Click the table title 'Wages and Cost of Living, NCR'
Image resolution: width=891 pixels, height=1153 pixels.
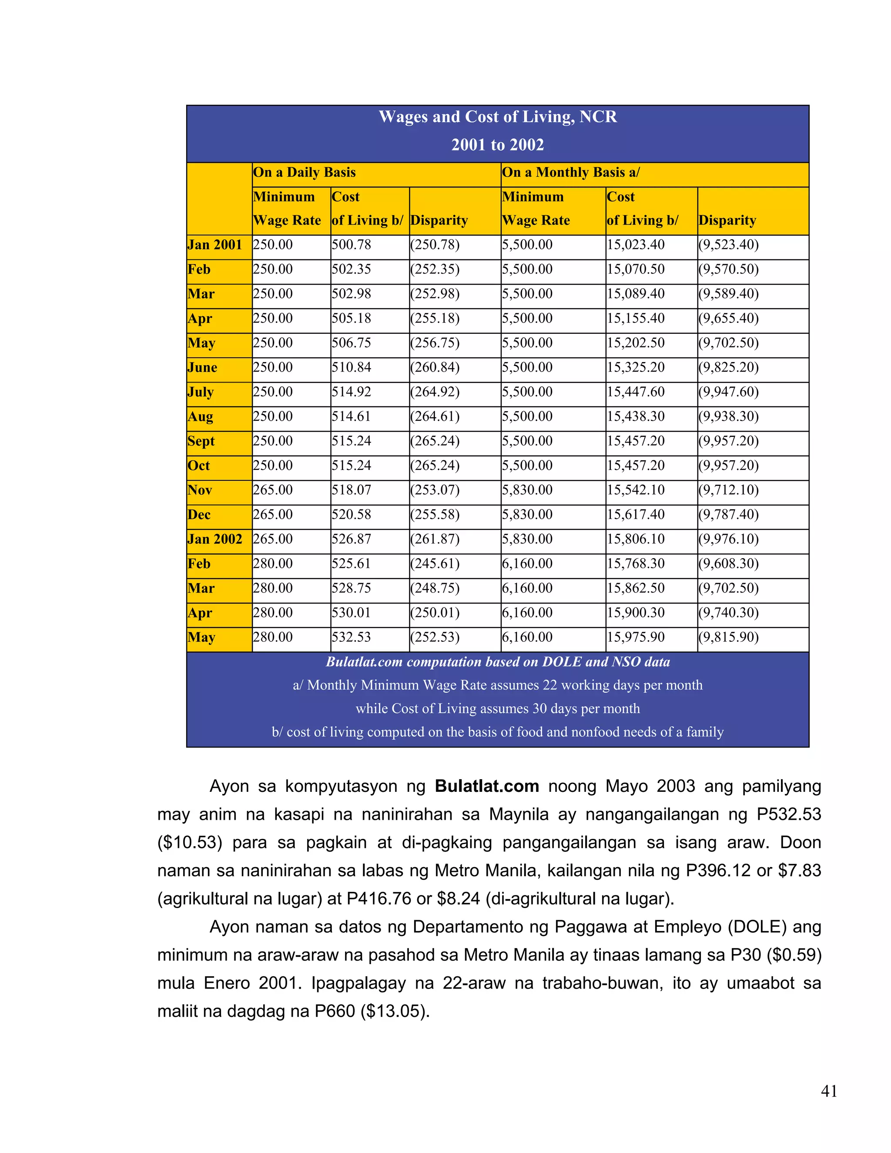click(497, 117)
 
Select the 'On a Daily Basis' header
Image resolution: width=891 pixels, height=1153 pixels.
click(304, 173)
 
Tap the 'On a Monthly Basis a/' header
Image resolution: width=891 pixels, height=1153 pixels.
click(571, 173)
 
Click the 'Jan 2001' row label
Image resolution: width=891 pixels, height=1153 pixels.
click(215, 245)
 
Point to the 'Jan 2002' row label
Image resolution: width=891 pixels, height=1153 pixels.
click(215, 539)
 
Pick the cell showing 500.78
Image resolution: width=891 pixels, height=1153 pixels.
click(352, 245)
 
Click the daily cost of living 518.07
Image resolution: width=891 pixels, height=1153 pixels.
click(352, 490)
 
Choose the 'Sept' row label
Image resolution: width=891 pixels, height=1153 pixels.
click(201, 441)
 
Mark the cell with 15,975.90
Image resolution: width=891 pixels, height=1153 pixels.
click(636, 637)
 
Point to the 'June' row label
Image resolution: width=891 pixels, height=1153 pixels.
click(202, 368)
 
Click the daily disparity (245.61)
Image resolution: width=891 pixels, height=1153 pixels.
click(435, 564)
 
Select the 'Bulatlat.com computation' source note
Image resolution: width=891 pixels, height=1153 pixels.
click(497, 662)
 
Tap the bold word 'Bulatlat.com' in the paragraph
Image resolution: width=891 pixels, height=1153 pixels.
click(487, 786)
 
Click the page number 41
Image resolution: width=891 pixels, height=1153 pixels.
click(829, 1091)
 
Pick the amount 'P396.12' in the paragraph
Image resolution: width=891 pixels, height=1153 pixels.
click(718, 871)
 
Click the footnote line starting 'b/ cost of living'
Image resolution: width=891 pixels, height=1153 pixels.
click(497, 732)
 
